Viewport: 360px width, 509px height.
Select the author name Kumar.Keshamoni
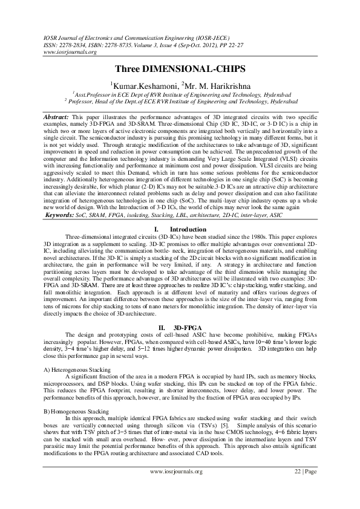click(x=139, y=85)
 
